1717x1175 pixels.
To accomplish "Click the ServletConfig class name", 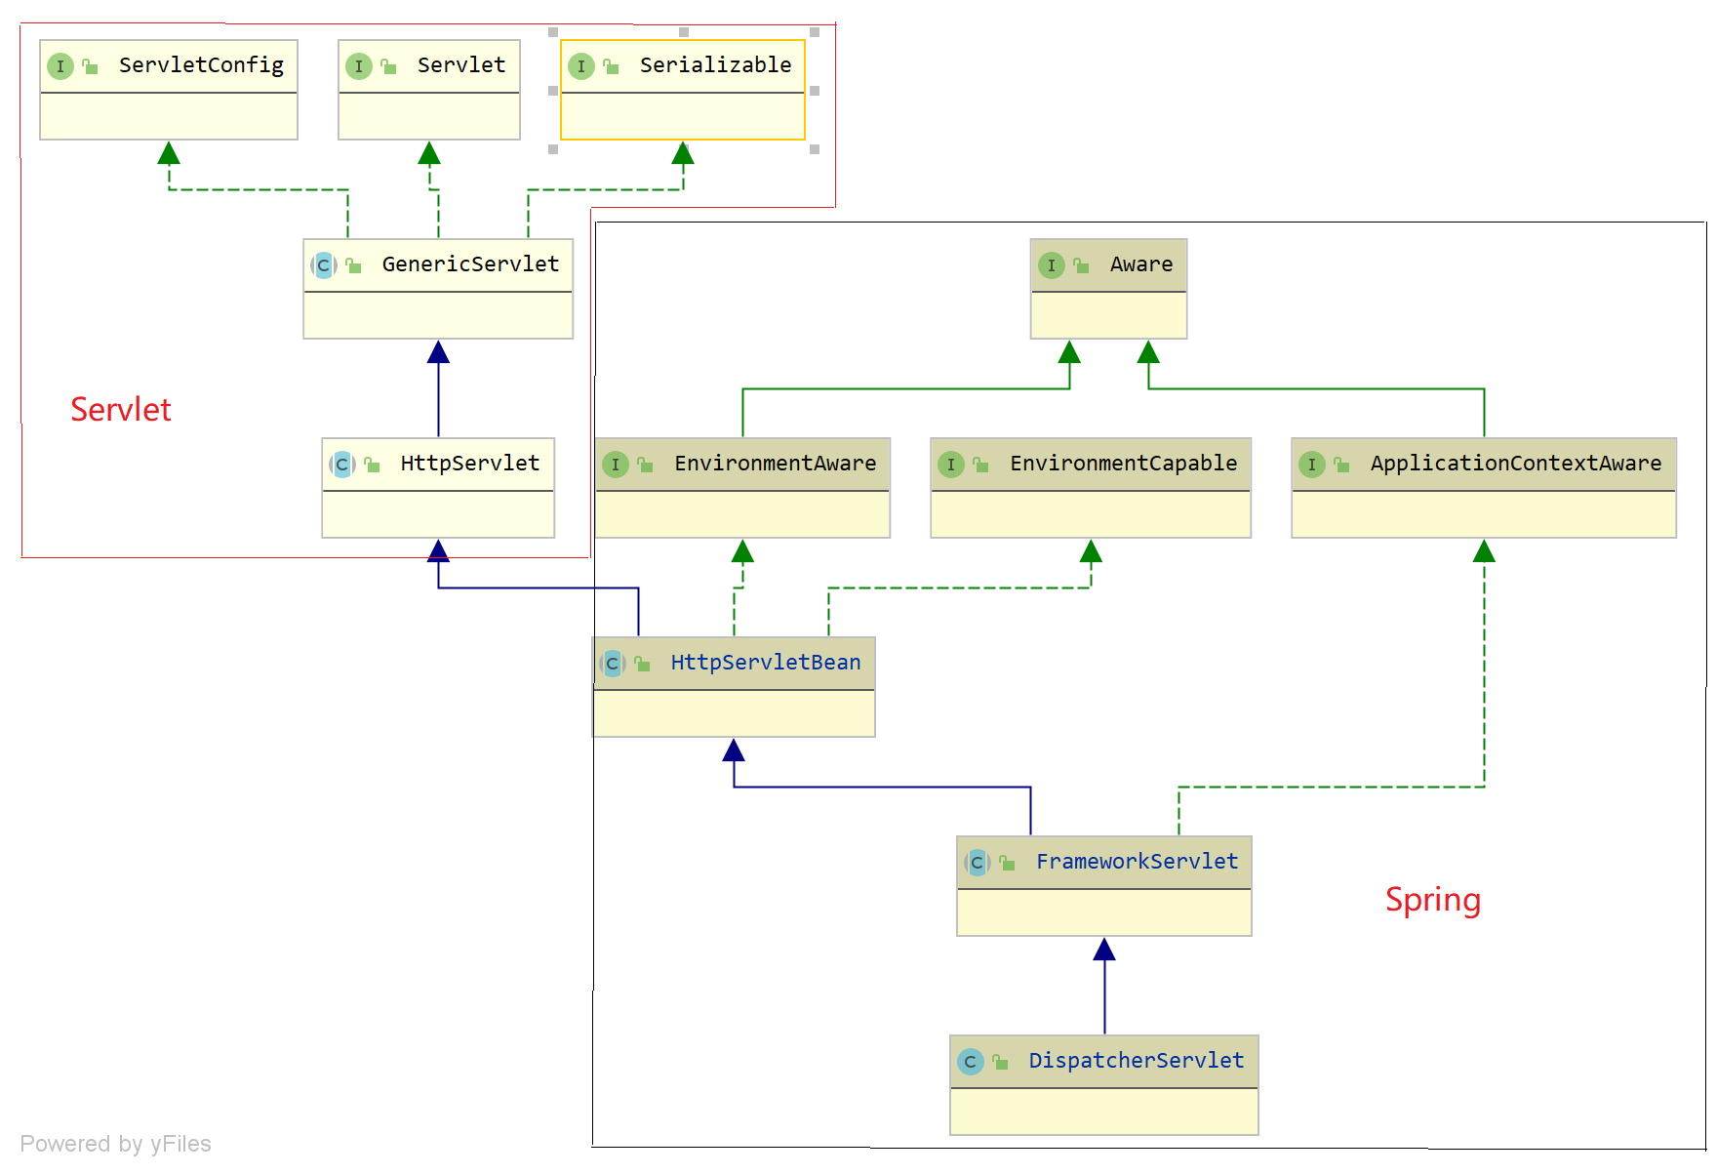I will (201, 65).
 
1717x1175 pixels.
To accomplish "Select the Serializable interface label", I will (715, 65).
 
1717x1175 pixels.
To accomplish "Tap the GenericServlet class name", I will (470, 264).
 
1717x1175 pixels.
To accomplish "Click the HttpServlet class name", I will (469, 464).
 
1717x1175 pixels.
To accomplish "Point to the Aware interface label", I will (1140, 264).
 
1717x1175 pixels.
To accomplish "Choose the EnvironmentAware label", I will (775, 464).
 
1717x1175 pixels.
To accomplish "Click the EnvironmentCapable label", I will (1123, 464).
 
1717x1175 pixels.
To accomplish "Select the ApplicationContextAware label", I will (1515, 464).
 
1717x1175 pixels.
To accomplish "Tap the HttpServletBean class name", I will (765, 663).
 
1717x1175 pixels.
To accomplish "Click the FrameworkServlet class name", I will (1137, 862).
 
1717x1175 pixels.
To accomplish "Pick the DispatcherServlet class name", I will (1136, 1061).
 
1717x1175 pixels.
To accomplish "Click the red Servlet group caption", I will (121, 410).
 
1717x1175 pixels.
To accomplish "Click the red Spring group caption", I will (1432, 900).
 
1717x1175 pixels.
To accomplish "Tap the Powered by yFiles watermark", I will (115, 1144).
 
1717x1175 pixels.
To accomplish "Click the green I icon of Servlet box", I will (359, 66).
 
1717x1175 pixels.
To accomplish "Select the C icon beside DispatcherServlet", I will (970, 1062).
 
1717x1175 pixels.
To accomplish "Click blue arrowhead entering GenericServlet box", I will (438, 352).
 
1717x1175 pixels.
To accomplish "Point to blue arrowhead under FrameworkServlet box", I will (1104, 950).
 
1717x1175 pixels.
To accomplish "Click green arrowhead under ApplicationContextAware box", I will (1484, 551).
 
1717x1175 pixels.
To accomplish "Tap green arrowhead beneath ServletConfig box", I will (169, 153).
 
